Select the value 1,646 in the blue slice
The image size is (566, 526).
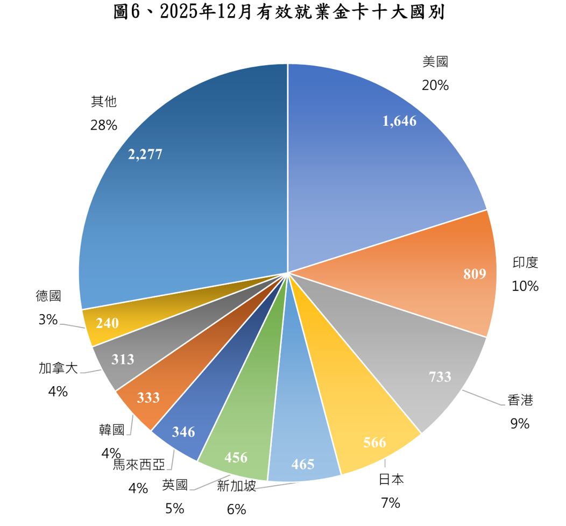click(x=399, y=121)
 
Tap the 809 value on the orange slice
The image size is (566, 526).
click(x=475, y=274)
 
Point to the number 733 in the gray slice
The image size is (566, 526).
click(x=440, y=376)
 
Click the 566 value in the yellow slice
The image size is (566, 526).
click(x=374, y=443)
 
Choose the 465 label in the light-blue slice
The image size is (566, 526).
click(x=302, y=464)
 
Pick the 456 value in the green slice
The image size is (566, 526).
click(x=236, y=457)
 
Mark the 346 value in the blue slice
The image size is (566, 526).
click(x=183, y=431)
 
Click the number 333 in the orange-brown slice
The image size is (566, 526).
click(x=148, y=397)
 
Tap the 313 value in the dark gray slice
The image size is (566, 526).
click(x=123, y=359)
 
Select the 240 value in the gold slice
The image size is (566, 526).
click(x=107, y=323)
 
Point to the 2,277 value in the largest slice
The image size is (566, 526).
click(x=145, y=155)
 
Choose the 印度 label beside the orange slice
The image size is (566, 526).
click(x=525, y=262)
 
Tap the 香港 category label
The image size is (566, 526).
click(x=520, y=400)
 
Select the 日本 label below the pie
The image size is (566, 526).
click(x=391, y=479)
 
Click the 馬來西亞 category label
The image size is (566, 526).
click(x=139, y=464)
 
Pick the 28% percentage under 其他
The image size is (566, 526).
click(x=104, y=125)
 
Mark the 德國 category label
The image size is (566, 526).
click(x=48, y=296)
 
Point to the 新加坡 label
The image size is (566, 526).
click(x=237, y=486)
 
